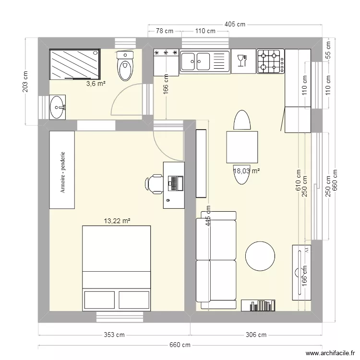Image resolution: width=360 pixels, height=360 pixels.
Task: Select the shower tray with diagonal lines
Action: click(x=75, y=64)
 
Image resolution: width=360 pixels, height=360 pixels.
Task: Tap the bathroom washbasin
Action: click(x=58, y=107)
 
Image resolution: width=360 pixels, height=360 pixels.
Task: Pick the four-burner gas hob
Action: click(x=270, y=61)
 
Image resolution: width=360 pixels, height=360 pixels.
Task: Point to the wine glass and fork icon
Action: click(x=242, y=60)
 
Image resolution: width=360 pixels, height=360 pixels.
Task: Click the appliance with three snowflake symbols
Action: click(x=166, y=62)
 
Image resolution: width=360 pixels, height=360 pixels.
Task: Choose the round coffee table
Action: click(x=261, y=255)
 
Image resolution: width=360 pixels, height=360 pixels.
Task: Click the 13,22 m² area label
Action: click(x=118, y=221)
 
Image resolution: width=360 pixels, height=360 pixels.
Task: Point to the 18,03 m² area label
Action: click(x=247, y=170)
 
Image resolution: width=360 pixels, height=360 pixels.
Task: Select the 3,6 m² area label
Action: click(x=96, y=84)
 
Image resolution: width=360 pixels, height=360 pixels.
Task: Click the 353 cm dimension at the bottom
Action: click(x=114, y=335)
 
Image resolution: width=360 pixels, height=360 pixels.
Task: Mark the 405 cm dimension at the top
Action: click(x=235, y=24)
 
